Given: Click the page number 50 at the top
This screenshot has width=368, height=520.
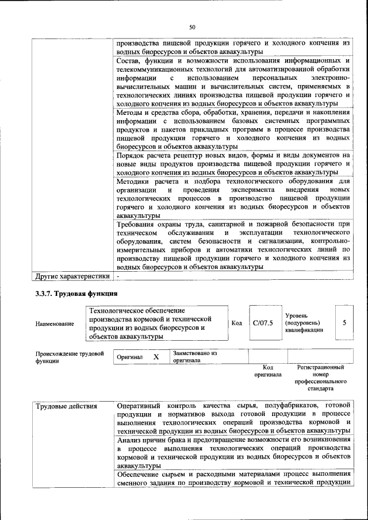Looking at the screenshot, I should tap(192, 26).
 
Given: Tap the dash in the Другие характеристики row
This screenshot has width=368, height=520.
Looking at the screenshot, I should tap(118, 276).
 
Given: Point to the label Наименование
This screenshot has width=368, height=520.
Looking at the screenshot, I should tap(55, 324).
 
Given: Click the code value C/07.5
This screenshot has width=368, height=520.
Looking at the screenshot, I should tap(262, 323).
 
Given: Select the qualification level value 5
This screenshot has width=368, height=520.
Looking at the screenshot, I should tap(344, 323).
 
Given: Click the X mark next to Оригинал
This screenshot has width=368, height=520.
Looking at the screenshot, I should tap(156, 357).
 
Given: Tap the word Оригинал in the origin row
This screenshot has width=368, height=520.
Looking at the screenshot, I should tap(129, 357).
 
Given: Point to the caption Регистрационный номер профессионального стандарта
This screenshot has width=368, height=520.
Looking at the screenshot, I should tap(320, 378).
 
